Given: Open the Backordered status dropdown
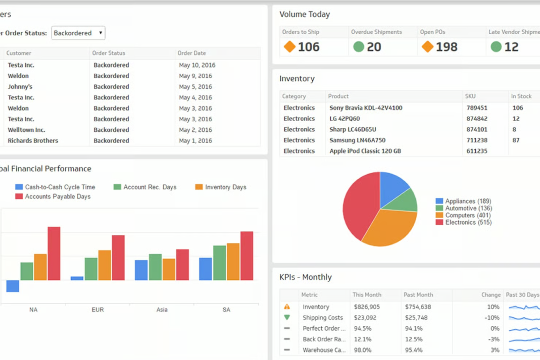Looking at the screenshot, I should (x=78, y=33).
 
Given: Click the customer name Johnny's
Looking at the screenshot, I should (x=20, y=87).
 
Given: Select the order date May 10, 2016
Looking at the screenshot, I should (x=197, y=65).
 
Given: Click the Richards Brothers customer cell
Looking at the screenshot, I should (x=33, y=141).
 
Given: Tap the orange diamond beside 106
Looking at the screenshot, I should (x=289, y=46).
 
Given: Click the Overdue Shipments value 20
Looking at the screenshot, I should (x=373, y=47).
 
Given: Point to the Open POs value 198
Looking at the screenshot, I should (x=446, y=47).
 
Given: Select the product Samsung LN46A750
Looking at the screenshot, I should (x=357, y=140).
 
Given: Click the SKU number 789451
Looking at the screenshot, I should (x=477, y=108).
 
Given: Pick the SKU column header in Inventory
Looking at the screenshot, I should (x=470, y=96).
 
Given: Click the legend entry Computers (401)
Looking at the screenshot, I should (x=468, y=216).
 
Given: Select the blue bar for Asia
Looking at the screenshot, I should (x=141, y=270).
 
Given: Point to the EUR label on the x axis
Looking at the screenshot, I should (x=98, y=310).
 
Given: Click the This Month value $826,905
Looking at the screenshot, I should (x=366, y=307).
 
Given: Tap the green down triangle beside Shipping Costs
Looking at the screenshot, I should (x=287, y=318).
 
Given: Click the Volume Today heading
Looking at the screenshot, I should (x=305, y=14).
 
